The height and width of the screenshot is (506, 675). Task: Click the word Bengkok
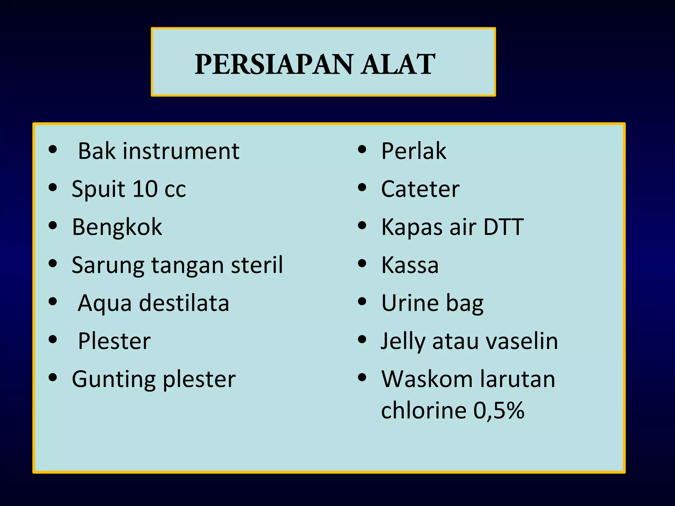coord(117,227)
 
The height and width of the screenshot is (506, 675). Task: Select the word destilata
coord(184,303)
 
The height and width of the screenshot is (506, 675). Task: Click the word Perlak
coord(414,151)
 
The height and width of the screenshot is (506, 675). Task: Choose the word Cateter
coord(420,189)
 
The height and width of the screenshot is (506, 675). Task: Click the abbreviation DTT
coord(503,227)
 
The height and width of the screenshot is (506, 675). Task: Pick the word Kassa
coord(410,265)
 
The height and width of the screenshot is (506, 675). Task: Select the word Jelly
coord(403,341)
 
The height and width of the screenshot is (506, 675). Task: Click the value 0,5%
coord(499,410)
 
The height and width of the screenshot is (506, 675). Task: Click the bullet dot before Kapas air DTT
coord(362,226)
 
